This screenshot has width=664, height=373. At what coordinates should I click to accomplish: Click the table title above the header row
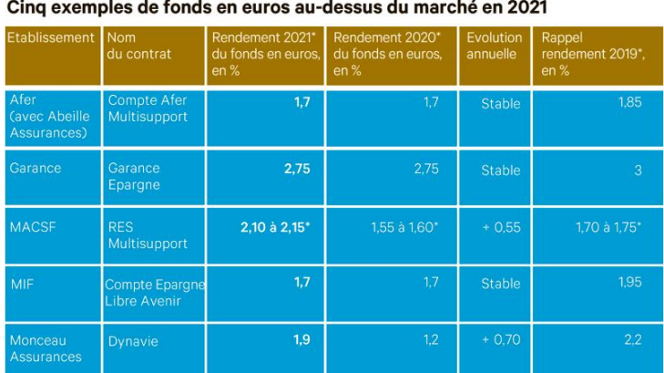277,10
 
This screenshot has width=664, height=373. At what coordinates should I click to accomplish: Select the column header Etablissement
51,38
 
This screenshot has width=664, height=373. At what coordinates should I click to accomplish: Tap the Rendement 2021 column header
265,54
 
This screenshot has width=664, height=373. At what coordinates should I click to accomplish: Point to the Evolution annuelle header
494,46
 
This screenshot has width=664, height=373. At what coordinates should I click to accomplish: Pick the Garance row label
36,168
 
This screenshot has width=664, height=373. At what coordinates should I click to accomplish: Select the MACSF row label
33,226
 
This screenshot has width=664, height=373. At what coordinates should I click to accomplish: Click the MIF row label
22,284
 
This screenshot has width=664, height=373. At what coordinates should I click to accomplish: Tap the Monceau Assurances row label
46,348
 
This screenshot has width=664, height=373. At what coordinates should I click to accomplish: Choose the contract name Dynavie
133,341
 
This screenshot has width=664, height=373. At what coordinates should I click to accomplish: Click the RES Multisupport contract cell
148,234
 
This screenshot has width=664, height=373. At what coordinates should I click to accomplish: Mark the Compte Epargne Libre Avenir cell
154,292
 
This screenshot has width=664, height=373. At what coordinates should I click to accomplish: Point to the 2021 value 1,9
301,340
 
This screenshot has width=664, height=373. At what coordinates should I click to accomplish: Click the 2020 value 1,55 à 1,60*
404,226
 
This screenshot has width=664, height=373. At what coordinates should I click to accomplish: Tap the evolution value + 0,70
500,340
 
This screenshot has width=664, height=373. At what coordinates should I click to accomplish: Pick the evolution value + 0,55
500,226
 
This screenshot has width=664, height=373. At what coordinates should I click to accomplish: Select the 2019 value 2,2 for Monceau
633,340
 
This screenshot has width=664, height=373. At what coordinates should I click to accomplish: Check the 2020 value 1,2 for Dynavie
431,340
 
